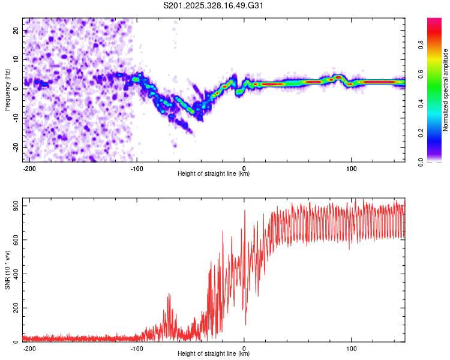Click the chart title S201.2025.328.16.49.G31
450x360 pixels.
coord(214,6)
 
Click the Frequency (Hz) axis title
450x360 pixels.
coord(7,90)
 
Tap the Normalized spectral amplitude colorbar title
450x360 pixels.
coord(446,90)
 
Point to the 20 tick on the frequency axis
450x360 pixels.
coord(16,30)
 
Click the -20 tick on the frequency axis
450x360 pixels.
coord(15,147)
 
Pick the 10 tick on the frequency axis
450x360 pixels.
coord(16,59)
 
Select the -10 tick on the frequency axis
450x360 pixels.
coord(15,118)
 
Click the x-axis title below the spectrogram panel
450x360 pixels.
coord(214,174)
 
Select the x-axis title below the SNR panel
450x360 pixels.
coord(214,354)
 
